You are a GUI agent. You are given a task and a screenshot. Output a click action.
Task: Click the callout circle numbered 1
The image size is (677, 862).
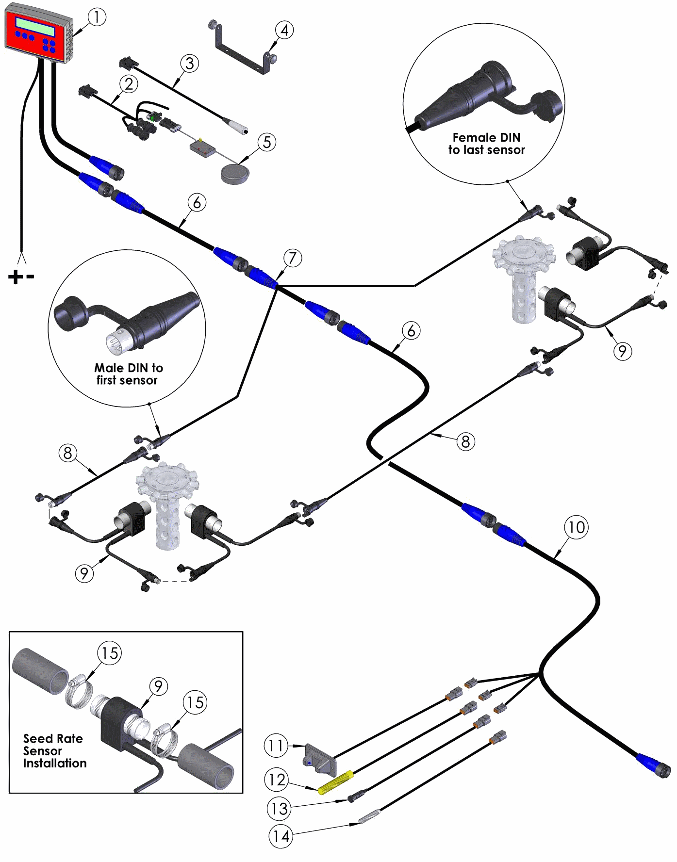(x=97, y=17)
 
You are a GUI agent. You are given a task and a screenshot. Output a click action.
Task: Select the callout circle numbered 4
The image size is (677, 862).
(x=284, y=30)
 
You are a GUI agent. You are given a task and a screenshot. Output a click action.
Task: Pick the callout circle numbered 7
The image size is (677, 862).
(x=293, y=258)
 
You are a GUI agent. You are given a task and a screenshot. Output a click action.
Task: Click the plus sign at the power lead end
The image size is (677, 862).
(x=15, y=277)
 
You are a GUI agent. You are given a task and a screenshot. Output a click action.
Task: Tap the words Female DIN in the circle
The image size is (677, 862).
(x=486, y=138)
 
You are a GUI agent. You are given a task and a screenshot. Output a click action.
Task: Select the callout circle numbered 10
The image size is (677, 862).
(x=576, y=527)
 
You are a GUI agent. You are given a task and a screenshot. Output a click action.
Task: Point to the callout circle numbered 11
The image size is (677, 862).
(x=276, y=745)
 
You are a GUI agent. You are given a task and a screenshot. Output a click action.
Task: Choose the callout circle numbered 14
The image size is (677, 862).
(x=281, y=836)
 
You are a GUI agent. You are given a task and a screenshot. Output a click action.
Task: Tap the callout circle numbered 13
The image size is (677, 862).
(x=279, y=808)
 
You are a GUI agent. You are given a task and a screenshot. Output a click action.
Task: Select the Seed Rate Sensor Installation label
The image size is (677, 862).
(x=54, y=751)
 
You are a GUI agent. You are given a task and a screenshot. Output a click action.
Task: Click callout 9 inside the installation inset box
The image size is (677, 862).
(x=158, y=686)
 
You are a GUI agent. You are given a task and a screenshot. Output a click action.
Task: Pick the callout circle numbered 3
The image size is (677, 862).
(x=190, y=63)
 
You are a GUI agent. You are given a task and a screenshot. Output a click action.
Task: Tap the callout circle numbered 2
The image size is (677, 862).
(x=129, y=84)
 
